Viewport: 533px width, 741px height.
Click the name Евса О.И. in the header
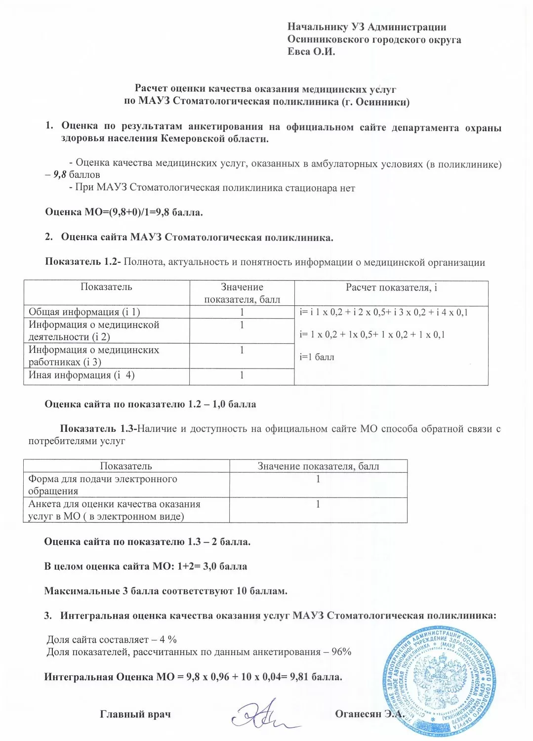[x=311, y=51]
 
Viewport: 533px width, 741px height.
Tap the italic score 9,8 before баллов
[x=60, y=174]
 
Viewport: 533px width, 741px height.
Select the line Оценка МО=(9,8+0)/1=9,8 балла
[x=124, y=212]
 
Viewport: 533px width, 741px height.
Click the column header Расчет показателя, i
[x=391, y=288]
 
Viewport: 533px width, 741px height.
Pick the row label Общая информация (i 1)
[x=84, y=312]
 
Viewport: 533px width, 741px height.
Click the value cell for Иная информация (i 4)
[x=242, y=375]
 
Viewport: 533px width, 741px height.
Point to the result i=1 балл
[x=317, y=357]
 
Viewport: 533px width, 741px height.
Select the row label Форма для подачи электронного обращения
[x=103, y=485]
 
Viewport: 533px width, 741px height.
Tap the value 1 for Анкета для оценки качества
[x=318, y=504]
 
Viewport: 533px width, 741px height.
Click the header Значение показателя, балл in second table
[x=318, y=466]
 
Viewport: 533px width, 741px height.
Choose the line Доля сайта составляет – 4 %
[x=112, y=639]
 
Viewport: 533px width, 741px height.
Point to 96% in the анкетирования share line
[x=341, y=652]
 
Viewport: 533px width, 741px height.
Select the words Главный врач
[x=135, y=714]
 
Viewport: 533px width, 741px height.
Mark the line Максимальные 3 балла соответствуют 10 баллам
[x=166, y=591]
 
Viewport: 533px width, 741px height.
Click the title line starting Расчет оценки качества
[x=266, y=89]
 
